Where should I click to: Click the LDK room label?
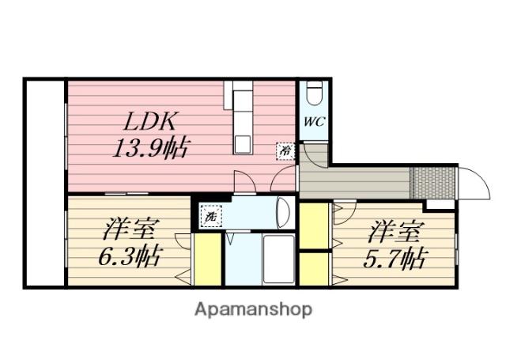pos(150,121)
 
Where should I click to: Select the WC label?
pos(315,122)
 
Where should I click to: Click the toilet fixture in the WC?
pos(315,93)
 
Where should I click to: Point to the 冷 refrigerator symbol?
pos(285,151)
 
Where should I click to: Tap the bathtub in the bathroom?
pos(279,259)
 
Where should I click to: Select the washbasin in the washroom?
pos(283,213)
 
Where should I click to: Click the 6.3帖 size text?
pos(129,257)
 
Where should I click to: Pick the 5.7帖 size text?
pos(394,259)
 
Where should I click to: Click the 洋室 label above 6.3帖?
pos(128,230)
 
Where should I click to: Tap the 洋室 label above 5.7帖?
pos(395,232)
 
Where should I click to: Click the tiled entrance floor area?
pos(432,183)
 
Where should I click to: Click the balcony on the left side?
pos(45,183)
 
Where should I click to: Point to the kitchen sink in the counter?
pos(243,145)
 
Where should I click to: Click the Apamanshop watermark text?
pos(253,309)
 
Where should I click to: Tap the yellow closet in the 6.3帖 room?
pos(207,260)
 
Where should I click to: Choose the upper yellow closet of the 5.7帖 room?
pos(314,225)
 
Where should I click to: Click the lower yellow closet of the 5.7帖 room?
pos(314,269)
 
